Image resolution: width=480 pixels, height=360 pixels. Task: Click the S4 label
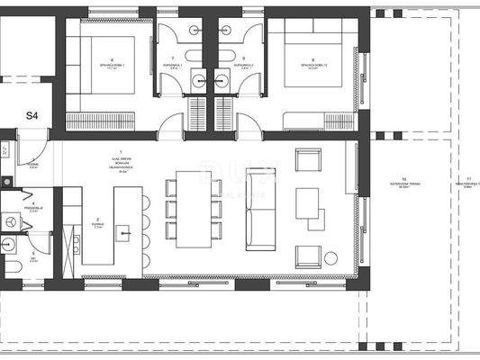pyautogui.click(x=32, y=115)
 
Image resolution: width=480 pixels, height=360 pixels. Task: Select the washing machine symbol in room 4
pyautogui.click(x=11, y=219)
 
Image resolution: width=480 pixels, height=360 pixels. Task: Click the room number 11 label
pyautogui.click(x=463, y=180)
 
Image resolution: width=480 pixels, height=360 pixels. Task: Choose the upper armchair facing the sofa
pyautogui.click(x=309, y=163)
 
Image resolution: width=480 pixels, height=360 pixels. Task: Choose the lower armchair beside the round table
pyautogui.click(x=309, y=256)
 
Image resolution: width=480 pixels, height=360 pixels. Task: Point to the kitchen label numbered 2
pyautogui.click(x=97, y=220)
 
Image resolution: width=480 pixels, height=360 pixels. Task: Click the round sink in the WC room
pyautogui.click(x=11, y=243)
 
